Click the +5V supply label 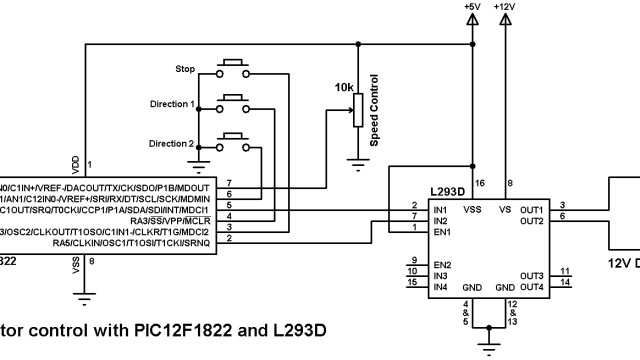(x=473, y=7)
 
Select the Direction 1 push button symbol (x=234, y=102)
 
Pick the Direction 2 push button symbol (x=234, y=140)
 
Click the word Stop (x=185, y=70)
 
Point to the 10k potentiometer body (x=356, y=111)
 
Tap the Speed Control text (x=374, y=110)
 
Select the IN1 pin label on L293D (x=439, y=209)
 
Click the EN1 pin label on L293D (x=440, y=231)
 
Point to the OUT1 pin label (x=532, y=209)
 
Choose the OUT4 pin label (x=532, y=287)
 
